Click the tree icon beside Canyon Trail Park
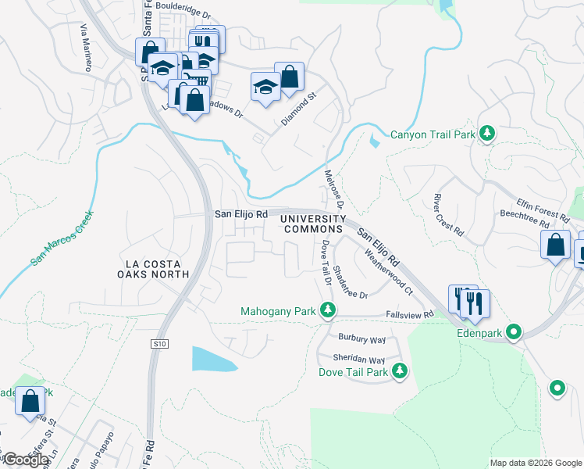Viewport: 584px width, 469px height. [x=488, y=134]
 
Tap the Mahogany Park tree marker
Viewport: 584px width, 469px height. [x=329, y=311]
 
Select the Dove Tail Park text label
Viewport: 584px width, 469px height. [x=353, y=372]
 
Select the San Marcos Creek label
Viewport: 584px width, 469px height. [x=63, y=238]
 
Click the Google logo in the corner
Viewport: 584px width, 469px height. [x=25, y=460]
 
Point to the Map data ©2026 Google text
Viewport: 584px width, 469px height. [x=535, y=463]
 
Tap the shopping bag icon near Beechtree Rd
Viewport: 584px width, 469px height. [x=555, y=245]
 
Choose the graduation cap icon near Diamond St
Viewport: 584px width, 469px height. [x=265, y=87]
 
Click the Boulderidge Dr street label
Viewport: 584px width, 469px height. [x=184, y=14]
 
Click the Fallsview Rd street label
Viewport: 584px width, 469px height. [x=408, y=314]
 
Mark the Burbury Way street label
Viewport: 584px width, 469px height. [x=361, y=339]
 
